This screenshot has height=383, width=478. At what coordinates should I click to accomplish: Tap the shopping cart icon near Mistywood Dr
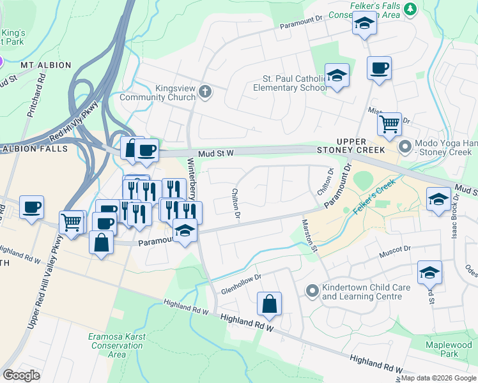tap(389, 123)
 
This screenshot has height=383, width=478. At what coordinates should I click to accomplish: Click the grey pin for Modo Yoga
tap(405, 147)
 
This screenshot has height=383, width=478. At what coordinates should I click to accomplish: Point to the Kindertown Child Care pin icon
tap(312, 292)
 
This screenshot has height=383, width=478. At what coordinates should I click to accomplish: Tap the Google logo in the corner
tap(21, 375)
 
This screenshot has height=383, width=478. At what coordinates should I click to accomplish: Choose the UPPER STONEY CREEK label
tap(361, 146)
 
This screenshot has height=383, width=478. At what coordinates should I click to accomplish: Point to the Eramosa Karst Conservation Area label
tap(116, 345)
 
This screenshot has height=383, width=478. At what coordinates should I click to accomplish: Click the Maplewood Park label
tap(450, 349)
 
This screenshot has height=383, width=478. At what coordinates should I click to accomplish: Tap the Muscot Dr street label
tap(396, 248)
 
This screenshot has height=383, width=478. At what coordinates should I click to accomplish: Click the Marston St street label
tap(309, 236)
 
